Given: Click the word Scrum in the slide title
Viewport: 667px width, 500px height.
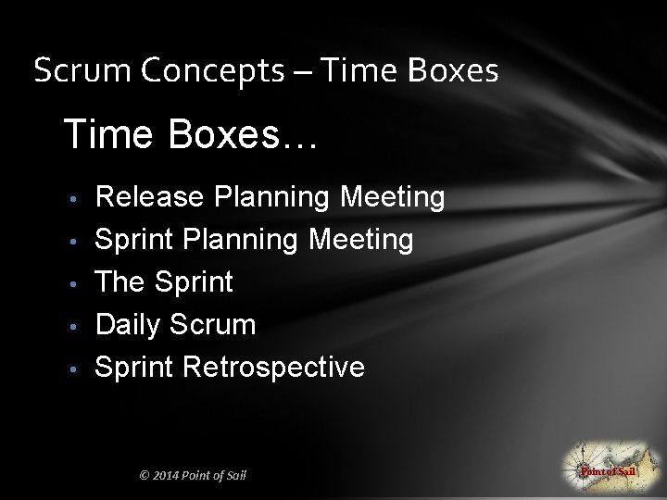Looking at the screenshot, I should (67, 70).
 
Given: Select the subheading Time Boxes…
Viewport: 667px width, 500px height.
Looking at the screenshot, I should (190, 135).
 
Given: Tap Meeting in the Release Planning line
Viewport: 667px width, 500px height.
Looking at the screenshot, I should (393, 197).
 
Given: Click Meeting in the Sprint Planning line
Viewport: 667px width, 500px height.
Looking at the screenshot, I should (361, 240).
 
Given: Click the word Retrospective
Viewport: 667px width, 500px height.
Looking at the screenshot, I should (274, 368).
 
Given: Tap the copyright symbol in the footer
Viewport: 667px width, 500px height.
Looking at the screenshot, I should (145, 476).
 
